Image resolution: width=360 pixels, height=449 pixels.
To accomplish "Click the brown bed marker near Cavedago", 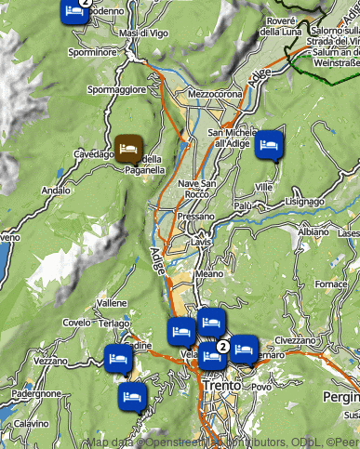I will [x=128, y=147].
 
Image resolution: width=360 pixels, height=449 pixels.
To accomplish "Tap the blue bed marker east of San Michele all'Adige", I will [x=269, y=144].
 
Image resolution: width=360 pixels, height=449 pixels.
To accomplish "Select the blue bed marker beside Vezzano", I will [x=117, y=358].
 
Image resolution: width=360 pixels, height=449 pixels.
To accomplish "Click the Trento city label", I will [x=221, y=385].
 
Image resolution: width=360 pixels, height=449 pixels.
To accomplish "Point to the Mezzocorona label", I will [x=215, y=94].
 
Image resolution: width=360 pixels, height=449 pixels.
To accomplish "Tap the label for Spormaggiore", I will [x=116, y=90].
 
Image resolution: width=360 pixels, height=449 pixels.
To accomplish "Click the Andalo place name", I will [x=56, y=190].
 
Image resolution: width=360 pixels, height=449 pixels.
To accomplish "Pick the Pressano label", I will [x=194, y=216].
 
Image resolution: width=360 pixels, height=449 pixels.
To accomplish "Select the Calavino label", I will [x=31, y=423].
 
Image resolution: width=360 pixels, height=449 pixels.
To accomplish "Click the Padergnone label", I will [x=36, y=393].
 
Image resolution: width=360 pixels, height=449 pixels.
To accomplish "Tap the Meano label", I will [x=209, y=274].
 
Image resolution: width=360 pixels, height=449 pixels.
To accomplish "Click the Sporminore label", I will [x=92, y=53].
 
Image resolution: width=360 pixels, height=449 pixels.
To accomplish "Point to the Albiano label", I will [x=313, y=231].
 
